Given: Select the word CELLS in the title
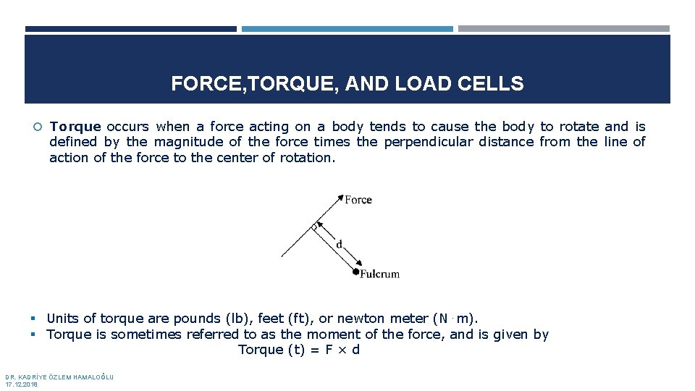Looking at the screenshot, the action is (496, 84).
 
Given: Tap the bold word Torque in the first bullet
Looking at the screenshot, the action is (75, 127).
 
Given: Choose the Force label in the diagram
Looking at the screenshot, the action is (358, 200).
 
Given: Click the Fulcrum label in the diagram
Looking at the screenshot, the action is (380, 274).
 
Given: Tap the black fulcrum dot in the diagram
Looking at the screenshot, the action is (355, 272).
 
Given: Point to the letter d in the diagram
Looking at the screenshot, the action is (339, 244).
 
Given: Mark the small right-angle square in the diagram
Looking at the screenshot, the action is (315, 227).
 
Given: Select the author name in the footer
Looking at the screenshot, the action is (59, 377).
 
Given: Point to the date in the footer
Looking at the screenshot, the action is (22, 384).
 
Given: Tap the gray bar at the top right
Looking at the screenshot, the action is (563, 29).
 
